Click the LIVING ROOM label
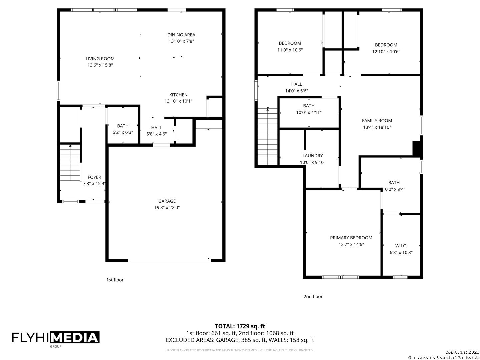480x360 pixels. (x=100, y=59)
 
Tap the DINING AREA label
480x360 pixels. (x=181, y=35)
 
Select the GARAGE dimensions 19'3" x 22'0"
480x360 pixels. (x=167, y=207)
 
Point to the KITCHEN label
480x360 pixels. (x=178, y=95)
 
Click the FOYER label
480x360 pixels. (x=94, y=177)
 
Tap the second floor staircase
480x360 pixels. (x=267, y=136)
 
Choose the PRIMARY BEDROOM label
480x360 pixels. (x=351, y=238)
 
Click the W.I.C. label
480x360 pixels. (x=401, y=246)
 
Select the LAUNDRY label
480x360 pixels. (x=312, y=156)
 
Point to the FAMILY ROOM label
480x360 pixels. (x=377, y=120)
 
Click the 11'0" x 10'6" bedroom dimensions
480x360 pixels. (x=290, y=50)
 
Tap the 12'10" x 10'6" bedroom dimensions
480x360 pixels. (x=386, y=52)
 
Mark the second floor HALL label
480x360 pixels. (x=296, y=84)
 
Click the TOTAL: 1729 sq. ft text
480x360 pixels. (x=240, y=326)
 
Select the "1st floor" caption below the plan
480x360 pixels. (x=115, y=280)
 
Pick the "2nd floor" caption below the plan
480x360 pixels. (x=313, y=296)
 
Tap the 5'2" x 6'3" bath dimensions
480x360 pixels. (x=123, y=132)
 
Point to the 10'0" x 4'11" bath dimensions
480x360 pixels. (x=309, y=112)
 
